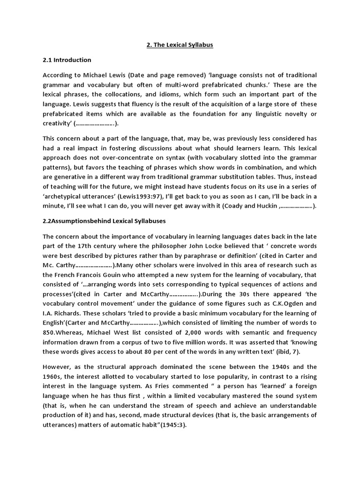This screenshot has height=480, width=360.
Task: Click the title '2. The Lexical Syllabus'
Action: pyautogui.click(x=180, y=45)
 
